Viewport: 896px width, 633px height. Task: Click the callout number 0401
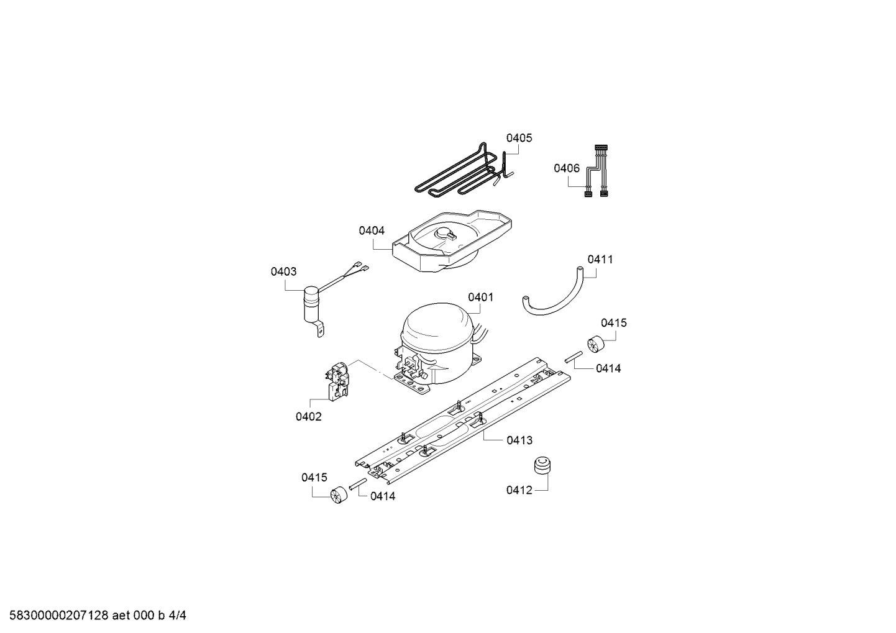click(x=481, y=298)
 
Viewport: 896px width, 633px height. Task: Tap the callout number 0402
click(x=308, y=417)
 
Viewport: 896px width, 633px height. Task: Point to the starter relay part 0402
click(x=338, y=381)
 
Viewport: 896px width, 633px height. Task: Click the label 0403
click(x=283, y=272)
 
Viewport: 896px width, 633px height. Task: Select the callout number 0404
click(x=372, y=230)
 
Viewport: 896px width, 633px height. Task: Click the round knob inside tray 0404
click(x=444, y=233)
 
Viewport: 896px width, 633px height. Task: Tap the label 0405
click(x=519, y=138)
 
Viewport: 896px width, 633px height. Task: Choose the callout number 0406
click(x=567, y=168)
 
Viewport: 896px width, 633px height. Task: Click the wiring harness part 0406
click(x=597, y=171)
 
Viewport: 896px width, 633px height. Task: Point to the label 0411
click(x=600, y=260)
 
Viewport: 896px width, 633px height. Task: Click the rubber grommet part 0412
click(x=542, y=467)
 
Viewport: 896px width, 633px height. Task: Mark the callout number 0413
click(x=519, y=440)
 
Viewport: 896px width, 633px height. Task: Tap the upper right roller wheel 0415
click(x=595, y=344)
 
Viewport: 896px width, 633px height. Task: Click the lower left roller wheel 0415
click(x=339, y=496)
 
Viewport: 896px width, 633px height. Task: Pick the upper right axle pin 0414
click(x=574, y=357)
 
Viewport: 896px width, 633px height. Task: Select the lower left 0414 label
click(x=383, y=496)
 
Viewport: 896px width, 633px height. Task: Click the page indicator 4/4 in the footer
click(x=178, y=616)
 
